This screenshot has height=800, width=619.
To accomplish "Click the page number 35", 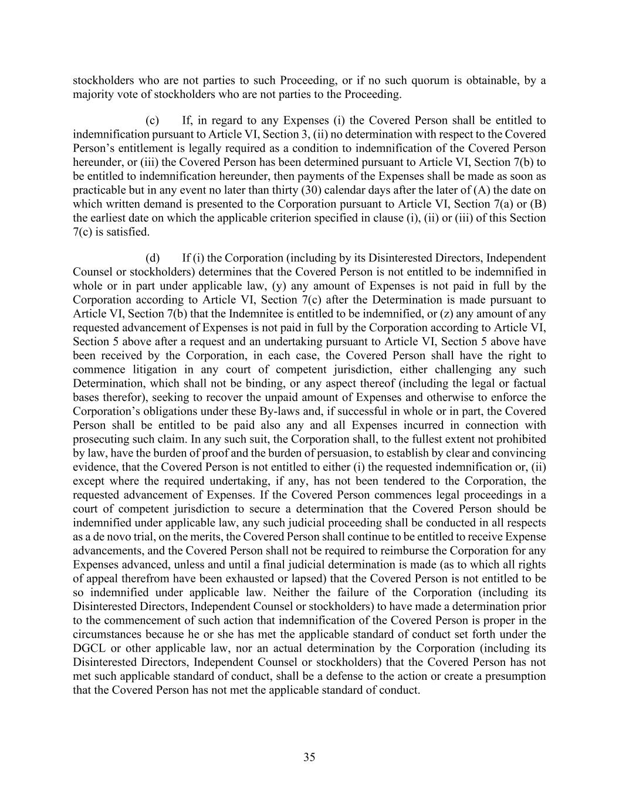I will pyautogui.click(x=309, y=757).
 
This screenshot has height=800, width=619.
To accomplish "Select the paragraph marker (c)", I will pyautogui.click(x=153, y=121).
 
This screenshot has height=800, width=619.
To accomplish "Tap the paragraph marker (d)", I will pyautogui.click(x=153, y=258).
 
